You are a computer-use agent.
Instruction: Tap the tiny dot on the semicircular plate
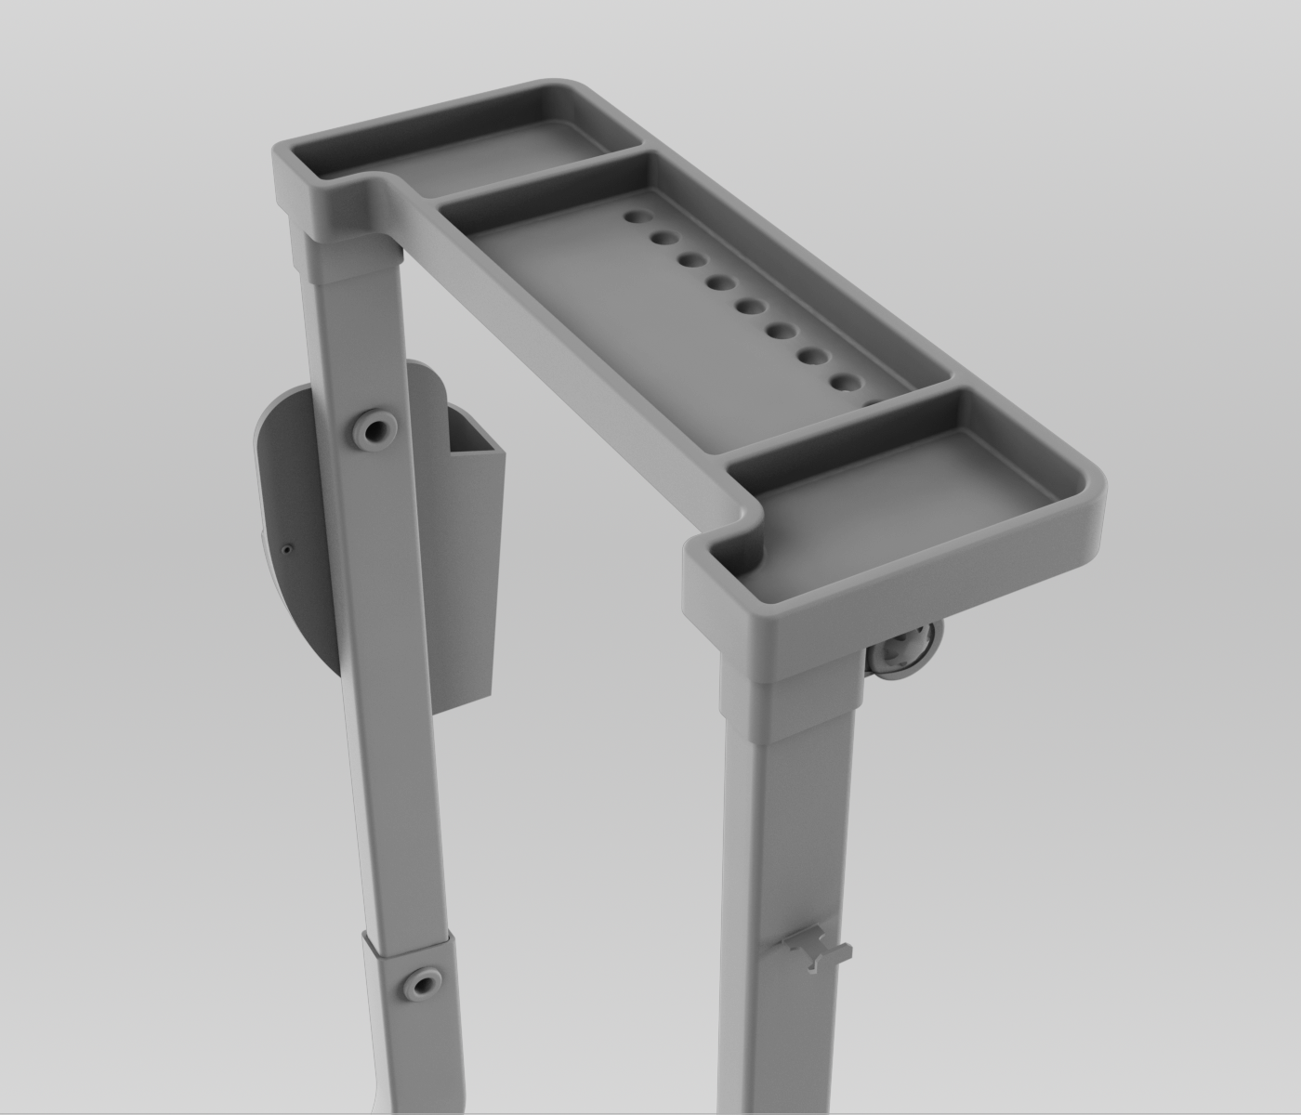pyautogui.click(x=286, y=548)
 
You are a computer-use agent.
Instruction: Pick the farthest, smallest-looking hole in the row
pyautogui.click(x=637, y=216)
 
